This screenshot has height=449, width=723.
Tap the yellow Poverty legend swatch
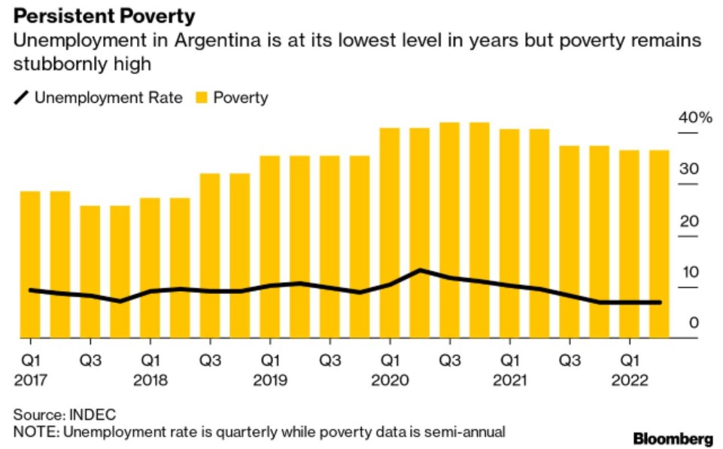[202, 98]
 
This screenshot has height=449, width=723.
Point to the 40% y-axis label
[694, 118]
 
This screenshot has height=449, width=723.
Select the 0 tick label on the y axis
[693, 323]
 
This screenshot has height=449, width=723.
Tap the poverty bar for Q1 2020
[390, 233]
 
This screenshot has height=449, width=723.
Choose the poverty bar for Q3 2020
[449, 230]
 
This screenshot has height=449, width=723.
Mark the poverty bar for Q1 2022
[629, 244]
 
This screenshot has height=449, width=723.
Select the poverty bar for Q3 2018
[210, 256]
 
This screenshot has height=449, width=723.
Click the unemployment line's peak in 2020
[420, 270]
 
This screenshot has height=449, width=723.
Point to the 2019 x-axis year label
[270, 381]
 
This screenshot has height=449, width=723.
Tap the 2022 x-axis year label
[630, 381]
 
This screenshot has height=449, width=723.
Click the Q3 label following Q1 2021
[570, 360]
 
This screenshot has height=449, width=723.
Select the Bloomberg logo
[673, 438]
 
